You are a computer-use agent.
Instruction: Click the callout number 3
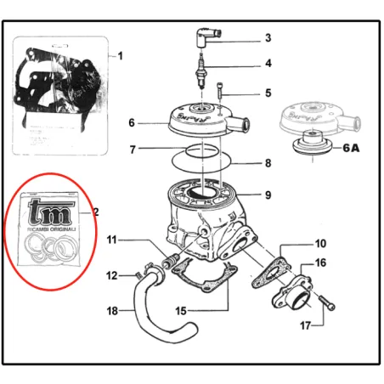coord(268,38)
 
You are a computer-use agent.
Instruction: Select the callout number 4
coord(268,64)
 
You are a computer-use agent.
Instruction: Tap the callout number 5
coord(268,93)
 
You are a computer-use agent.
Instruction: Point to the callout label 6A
coord(352,147)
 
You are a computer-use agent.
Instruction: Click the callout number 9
coord(268,195)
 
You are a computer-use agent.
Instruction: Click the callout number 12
coord(112,275)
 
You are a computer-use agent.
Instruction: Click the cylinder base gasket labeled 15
coord(204,280)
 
